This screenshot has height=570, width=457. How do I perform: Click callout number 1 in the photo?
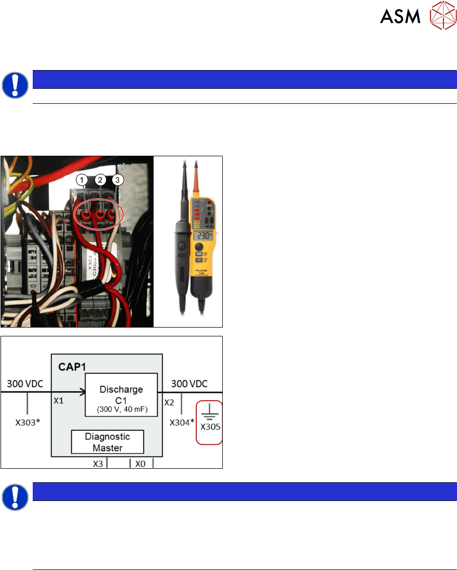pos(81,180)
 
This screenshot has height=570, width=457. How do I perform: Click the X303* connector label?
pos(27,423)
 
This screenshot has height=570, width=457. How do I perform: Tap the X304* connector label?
pos(182,423)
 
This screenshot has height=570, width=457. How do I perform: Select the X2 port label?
pos(169,402)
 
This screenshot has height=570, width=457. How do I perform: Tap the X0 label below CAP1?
pos(140,464)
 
